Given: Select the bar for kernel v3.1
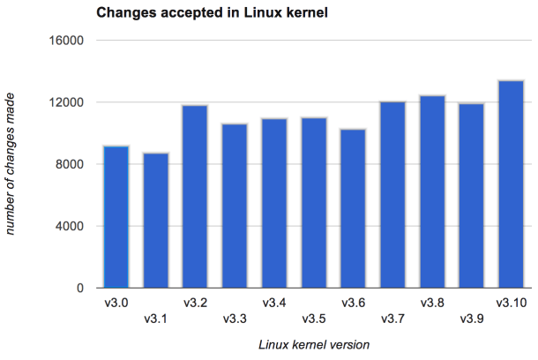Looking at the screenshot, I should [156, 221].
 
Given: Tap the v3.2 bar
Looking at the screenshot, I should [195, 197].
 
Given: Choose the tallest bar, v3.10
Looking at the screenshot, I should [511, 184].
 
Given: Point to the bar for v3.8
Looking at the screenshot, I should [432, 191].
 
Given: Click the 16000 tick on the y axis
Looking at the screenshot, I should [67, 41].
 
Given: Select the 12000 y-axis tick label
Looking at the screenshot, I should [67, 102].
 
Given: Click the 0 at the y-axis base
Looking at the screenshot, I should [79, 288].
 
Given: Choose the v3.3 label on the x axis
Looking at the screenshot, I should [235, 319].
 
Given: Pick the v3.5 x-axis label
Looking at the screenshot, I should [314, 319].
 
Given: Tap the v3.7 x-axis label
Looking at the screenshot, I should [392, 319].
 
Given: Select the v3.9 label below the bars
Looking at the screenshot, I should [472, 319].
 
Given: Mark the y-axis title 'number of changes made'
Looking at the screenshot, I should [12, 164].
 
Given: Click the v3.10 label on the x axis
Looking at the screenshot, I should [512, 304].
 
